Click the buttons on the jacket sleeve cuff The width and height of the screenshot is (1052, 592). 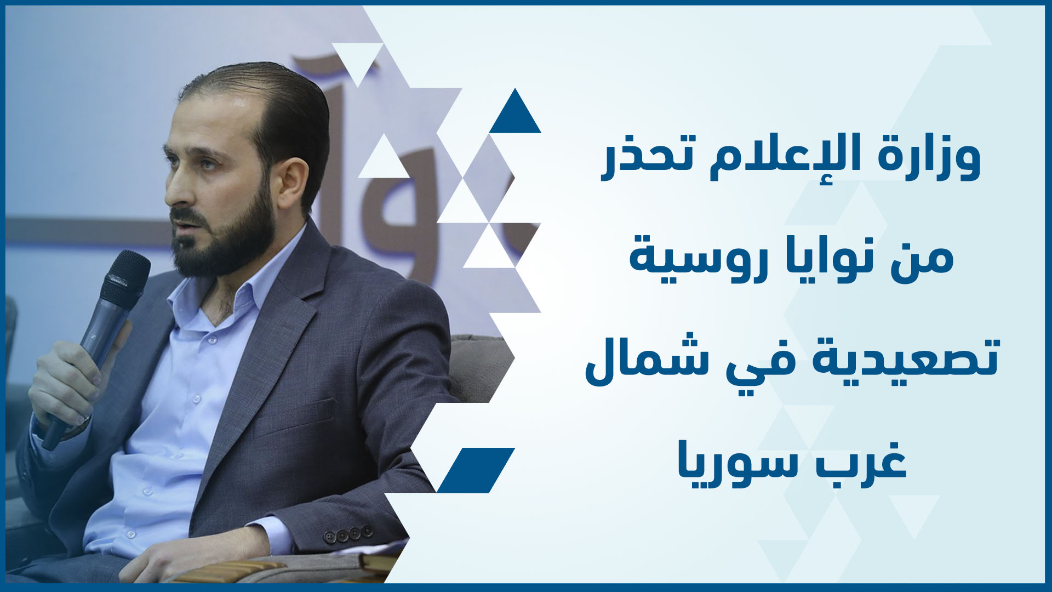[x=348, y=534]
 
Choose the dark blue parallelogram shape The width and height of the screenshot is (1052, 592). [x=476, y=470]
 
